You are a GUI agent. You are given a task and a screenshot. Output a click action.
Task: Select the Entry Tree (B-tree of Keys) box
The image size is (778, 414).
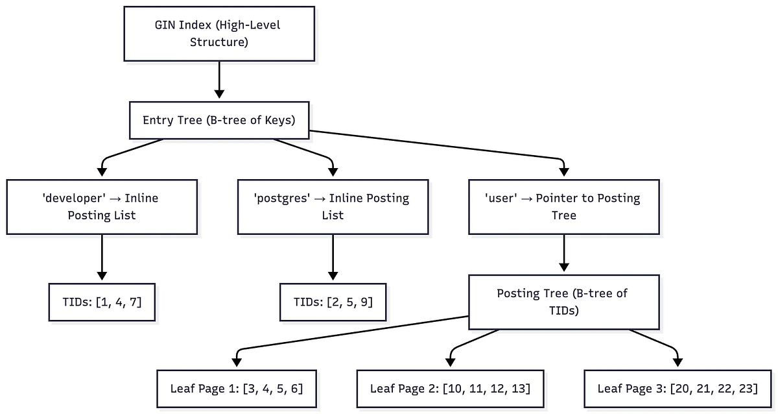coord(218,120)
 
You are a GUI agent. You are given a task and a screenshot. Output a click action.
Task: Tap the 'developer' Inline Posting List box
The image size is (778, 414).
coord(102,206)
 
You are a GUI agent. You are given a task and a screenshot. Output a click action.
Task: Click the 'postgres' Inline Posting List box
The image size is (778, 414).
coord(333,206)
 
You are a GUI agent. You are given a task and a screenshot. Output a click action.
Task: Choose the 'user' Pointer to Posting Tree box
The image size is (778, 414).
coord(563,206)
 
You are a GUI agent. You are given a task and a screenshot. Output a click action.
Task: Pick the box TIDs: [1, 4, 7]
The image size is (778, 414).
coord(102,302)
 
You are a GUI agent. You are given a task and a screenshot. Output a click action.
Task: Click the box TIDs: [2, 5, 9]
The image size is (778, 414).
coord(333,302)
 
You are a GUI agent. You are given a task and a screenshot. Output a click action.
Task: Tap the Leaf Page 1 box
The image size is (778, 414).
coord(237,389)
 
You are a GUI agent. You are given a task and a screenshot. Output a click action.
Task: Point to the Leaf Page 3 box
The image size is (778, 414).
coord(678,389)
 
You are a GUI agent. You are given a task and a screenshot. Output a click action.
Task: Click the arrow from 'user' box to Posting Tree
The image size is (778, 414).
coord(563,253)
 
